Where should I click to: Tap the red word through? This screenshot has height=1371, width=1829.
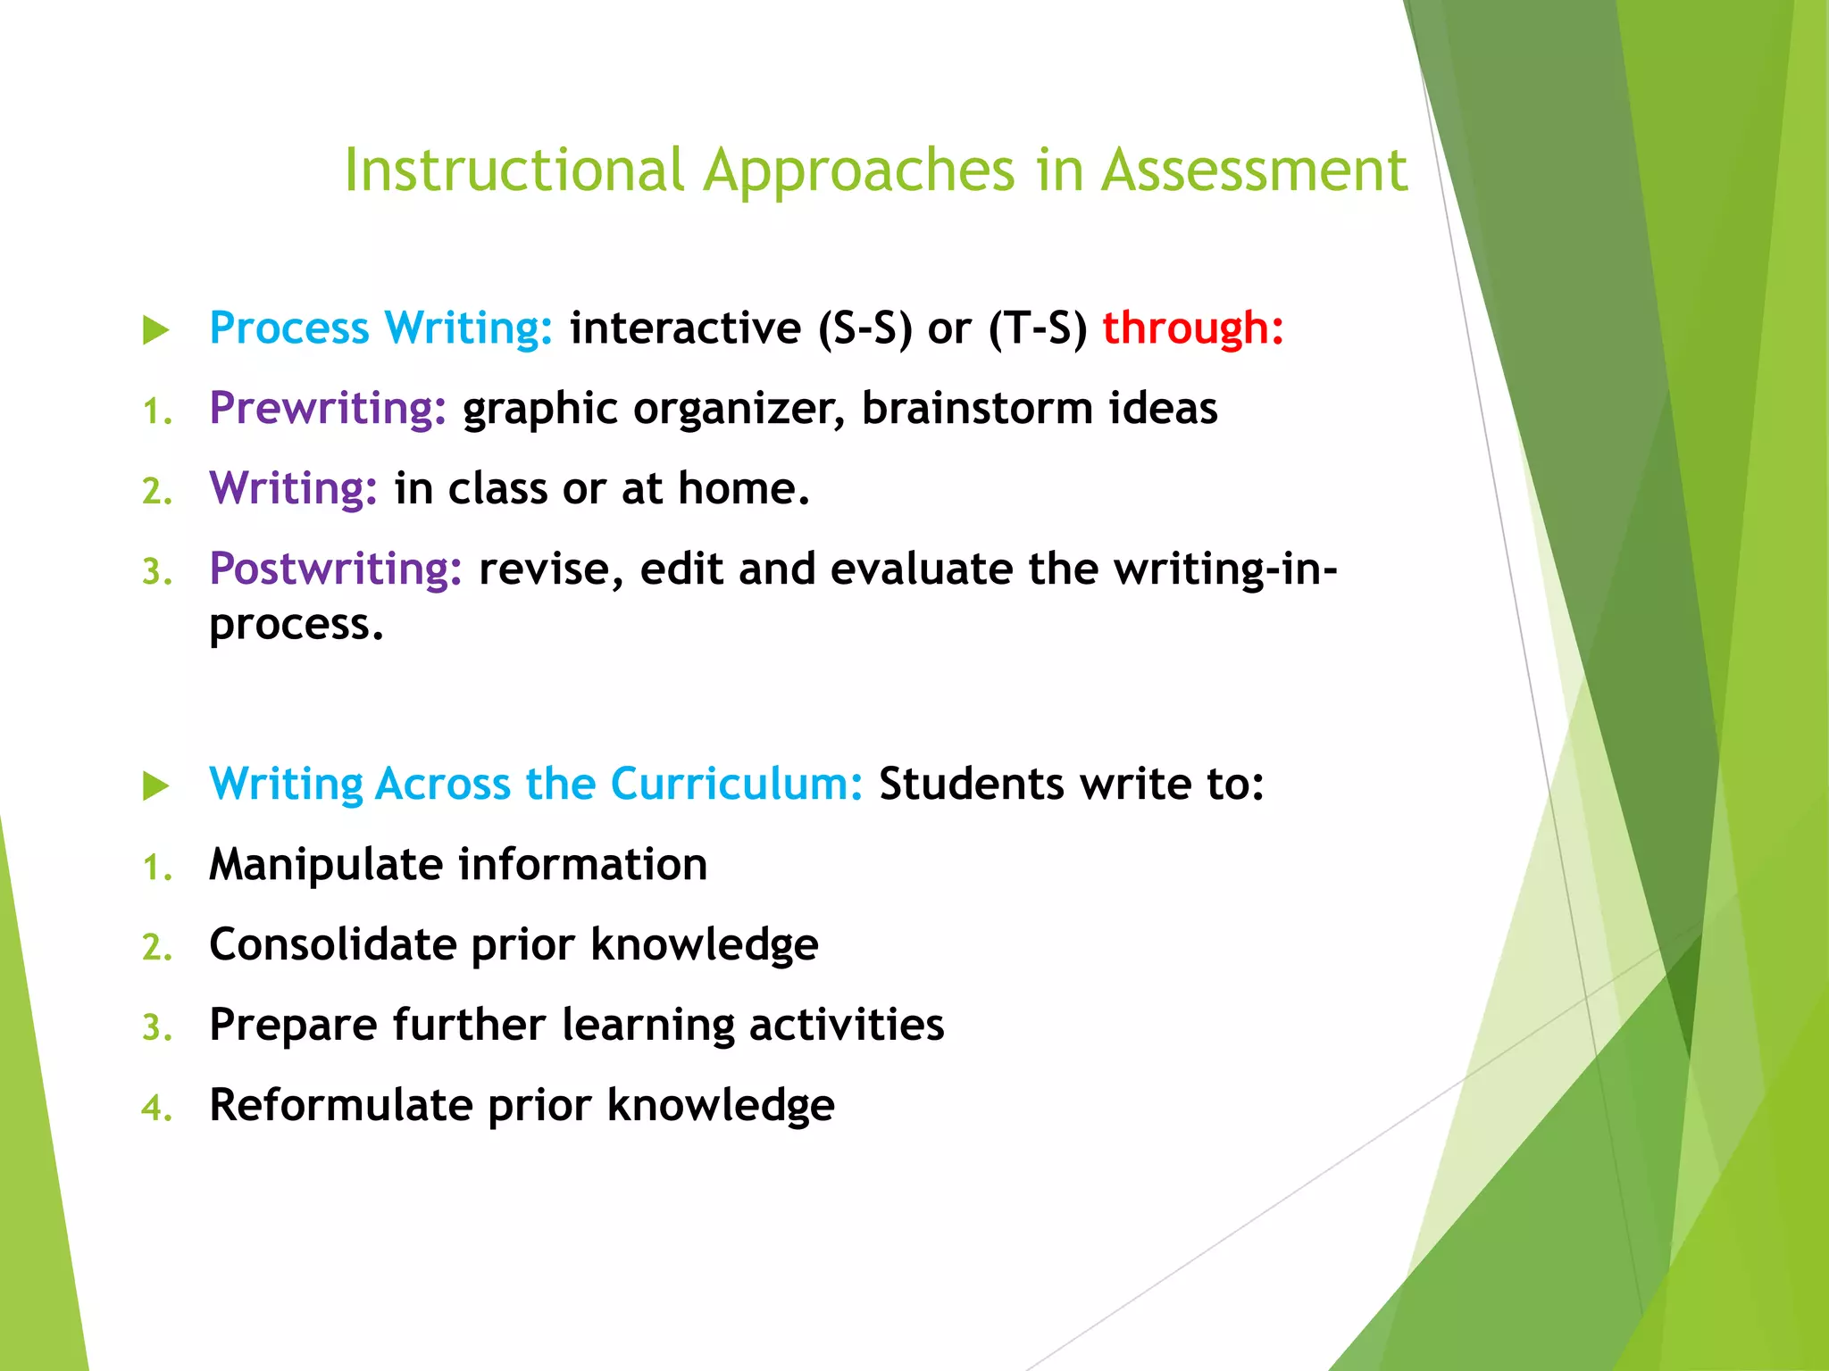[x=1192, y=328]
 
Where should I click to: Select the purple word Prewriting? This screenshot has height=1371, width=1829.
[x=327, y=409]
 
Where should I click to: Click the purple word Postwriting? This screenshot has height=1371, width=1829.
[x=335, y=569]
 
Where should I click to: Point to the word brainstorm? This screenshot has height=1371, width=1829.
[x=977, y=409]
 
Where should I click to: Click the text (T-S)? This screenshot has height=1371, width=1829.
[x=1037, y=328]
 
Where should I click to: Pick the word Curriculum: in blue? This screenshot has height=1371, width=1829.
[x=736, y=785]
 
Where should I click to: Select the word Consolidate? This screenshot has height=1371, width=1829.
[x=332, y=945]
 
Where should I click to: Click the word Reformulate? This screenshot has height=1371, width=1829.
[x=339, y=1106]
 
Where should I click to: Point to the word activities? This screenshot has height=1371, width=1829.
[x=846, y=1025]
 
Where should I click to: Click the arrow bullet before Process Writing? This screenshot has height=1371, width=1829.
[x=156, y=330]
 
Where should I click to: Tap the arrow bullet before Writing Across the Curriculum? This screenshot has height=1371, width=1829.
[x=156, y=786]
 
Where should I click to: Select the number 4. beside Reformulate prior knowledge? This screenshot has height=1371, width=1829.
[x=157, y=1109]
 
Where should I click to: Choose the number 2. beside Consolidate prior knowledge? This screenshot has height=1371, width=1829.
[x=157, y=948]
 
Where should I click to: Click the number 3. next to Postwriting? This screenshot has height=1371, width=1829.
[x=157, y=572]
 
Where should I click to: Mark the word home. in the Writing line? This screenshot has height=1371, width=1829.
[x=743, y=489]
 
